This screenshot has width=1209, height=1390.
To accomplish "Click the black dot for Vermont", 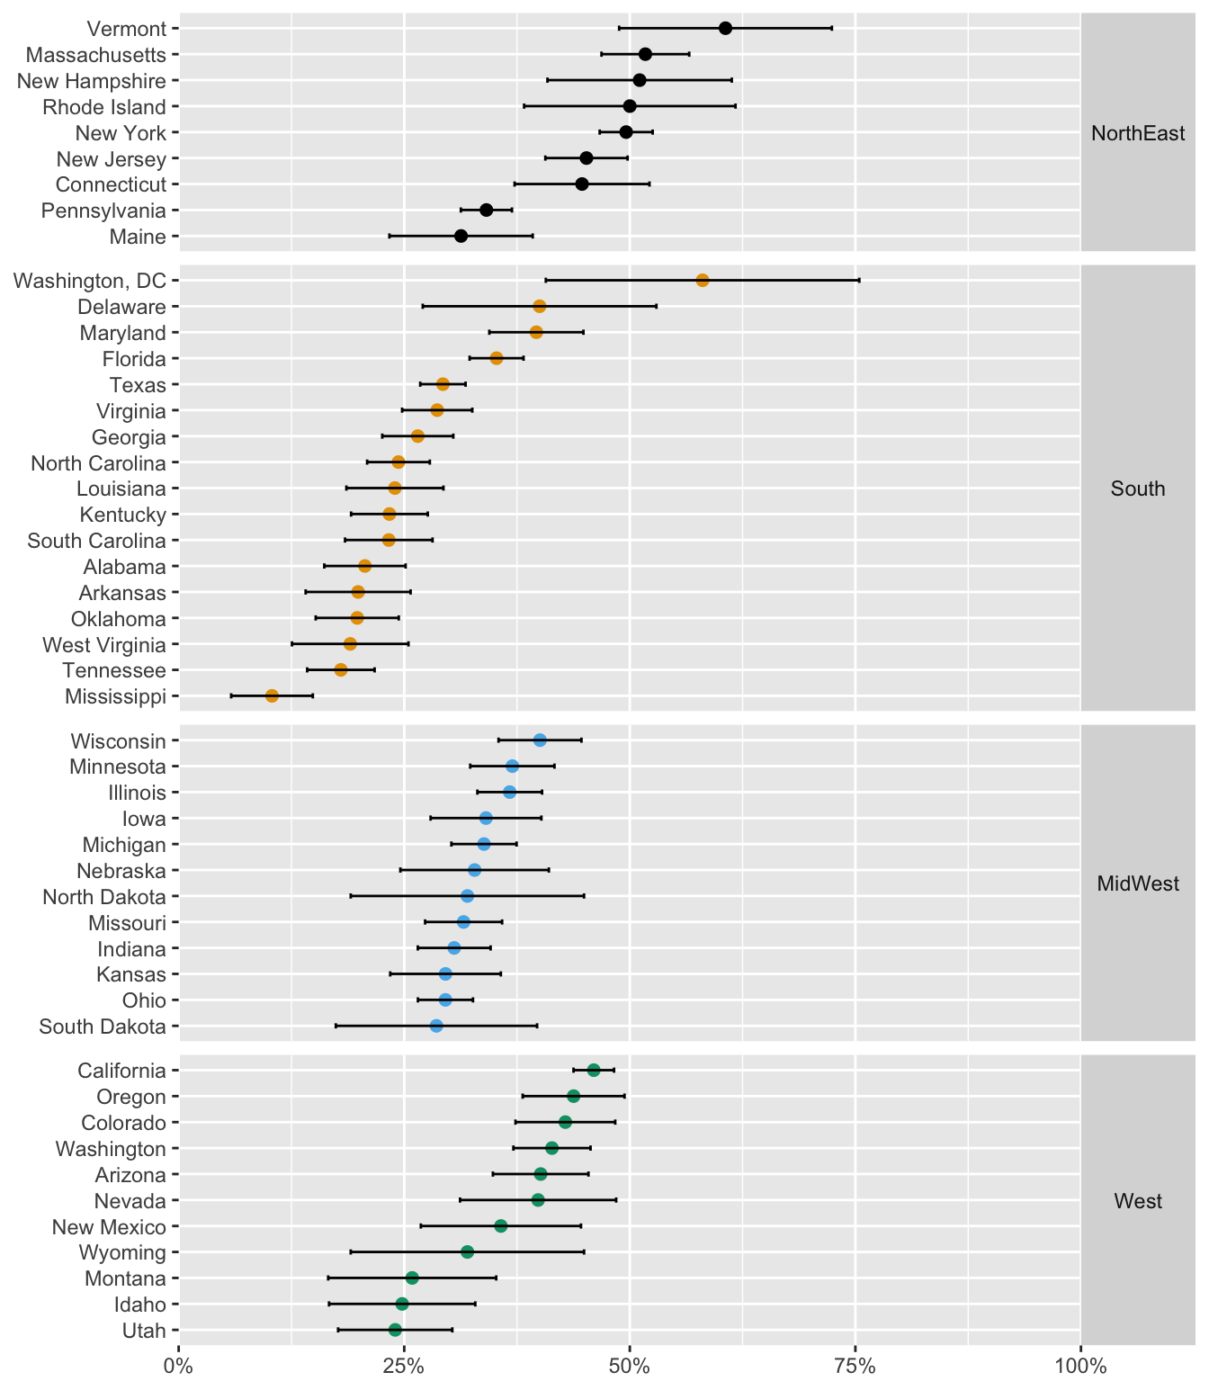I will point(725,28).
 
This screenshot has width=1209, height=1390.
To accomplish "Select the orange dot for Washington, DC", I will point(703,281).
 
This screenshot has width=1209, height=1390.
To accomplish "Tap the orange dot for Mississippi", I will point(272,695).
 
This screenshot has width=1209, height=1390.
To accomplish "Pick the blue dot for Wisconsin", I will point(540,740).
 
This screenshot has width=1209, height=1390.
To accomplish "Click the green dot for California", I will point(594,1070).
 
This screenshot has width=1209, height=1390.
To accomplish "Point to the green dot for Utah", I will point(395,1330).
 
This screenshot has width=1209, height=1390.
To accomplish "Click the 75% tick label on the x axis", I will point(855,1368).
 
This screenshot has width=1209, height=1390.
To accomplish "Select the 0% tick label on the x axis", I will point(179,1368).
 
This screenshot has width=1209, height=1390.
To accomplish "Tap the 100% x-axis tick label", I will point(1079,1368).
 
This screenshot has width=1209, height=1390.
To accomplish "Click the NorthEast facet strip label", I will point(1137,133).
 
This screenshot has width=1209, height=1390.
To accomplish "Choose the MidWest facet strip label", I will point(1137,883).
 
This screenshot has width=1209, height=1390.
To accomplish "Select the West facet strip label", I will point(1137,1200).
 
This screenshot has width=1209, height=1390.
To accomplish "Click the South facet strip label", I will point(1137,489).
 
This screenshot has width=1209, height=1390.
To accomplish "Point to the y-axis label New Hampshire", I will point(92,81).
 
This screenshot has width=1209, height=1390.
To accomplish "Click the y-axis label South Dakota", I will point(103,1027).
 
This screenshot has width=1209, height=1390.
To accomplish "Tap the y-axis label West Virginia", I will point(104,645).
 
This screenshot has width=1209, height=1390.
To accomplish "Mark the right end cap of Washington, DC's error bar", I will point(859,281).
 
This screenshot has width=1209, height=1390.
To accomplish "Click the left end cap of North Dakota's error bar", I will point(351,896).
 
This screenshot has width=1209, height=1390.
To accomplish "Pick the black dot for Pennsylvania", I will point(487,211).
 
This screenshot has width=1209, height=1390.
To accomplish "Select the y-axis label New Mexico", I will point(109,1227).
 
